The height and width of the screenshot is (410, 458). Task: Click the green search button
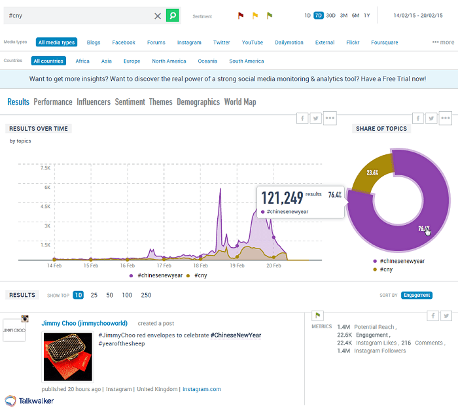point(172,15)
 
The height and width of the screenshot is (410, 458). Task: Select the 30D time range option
point(330,15)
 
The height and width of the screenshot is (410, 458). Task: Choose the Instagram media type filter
point(189,43)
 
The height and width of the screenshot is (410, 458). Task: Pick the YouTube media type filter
point(252,43)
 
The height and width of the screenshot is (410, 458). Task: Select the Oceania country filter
point(207,61)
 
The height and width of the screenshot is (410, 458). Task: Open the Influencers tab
point(93,102)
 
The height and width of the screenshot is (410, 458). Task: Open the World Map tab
point(240,102)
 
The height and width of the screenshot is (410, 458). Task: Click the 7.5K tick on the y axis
point(44,168)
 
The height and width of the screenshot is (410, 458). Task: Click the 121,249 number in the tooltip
point(282,197)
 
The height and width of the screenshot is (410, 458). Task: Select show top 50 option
point(109,295)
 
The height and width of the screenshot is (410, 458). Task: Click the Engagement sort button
point(417,295)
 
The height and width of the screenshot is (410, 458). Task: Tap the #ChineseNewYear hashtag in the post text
point(236,335)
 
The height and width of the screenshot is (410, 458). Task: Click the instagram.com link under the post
point(202,389)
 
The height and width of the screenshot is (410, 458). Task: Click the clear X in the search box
point(158,15)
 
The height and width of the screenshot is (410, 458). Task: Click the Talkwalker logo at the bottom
point(29,400)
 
